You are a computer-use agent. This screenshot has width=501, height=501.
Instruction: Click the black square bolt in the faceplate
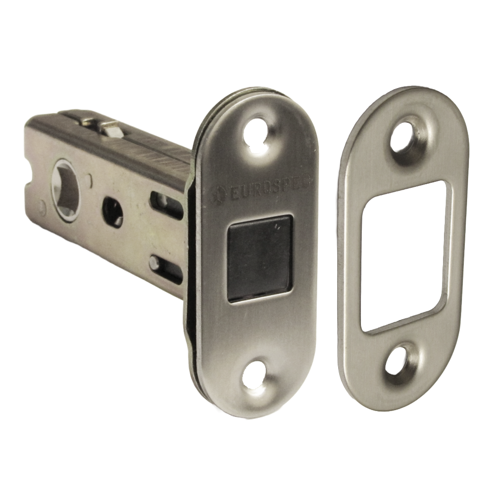pyautogui.click(x=260, y=258)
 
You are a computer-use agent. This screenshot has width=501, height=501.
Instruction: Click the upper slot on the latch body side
pyautogui.click(x=165, y=204)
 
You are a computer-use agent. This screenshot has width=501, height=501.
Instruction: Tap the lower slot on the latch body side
pyautogui.click(x=166, y=269)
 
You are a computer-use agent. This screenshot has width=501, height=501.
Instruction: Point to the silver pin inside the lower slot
pyautogui.click(x=154, y=263)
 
